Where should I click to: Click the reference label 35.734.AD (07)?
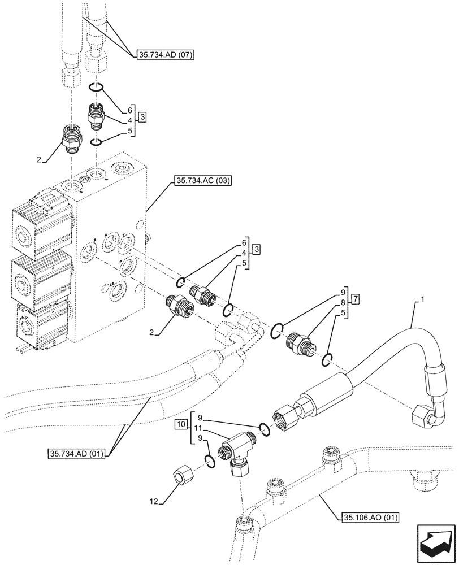[x=164, y=55]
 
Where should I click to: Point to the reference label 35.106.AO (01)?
[x=370, y=516]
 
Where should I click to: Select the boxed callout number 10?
[x=180, y=423]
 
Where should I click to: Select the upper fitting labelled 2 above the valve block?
[x=72, y=138]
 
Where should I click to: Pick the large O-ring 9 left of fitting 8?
[x=277, y=331]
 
